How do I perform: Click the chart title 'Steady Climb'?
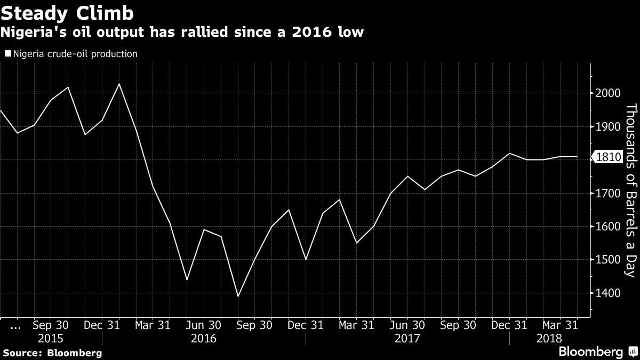pos(68,12)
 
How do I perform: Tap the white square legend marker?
pos(8,54)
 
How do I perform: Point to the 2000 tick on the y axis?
pos(607,93)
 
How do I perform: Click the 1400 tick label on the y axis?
pos(607,293)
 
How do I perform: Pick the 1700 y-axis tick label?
pos(607,193)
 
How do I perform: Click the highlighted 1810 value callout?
pos(608,157)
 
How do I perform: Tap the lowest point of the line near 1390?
pos(238,296)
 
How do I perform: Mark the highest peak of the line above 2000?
pos(119,84)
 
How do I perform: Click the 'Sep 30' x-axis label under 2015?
pos(50,325)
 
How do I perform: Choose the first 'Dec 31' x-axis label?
pos(101,325)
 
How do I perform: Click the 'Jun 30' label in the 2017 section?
pos(407,325)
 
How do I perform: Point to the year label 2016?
pos(203,339)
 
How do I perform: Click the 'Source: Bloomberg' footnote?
pos(52,353)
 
